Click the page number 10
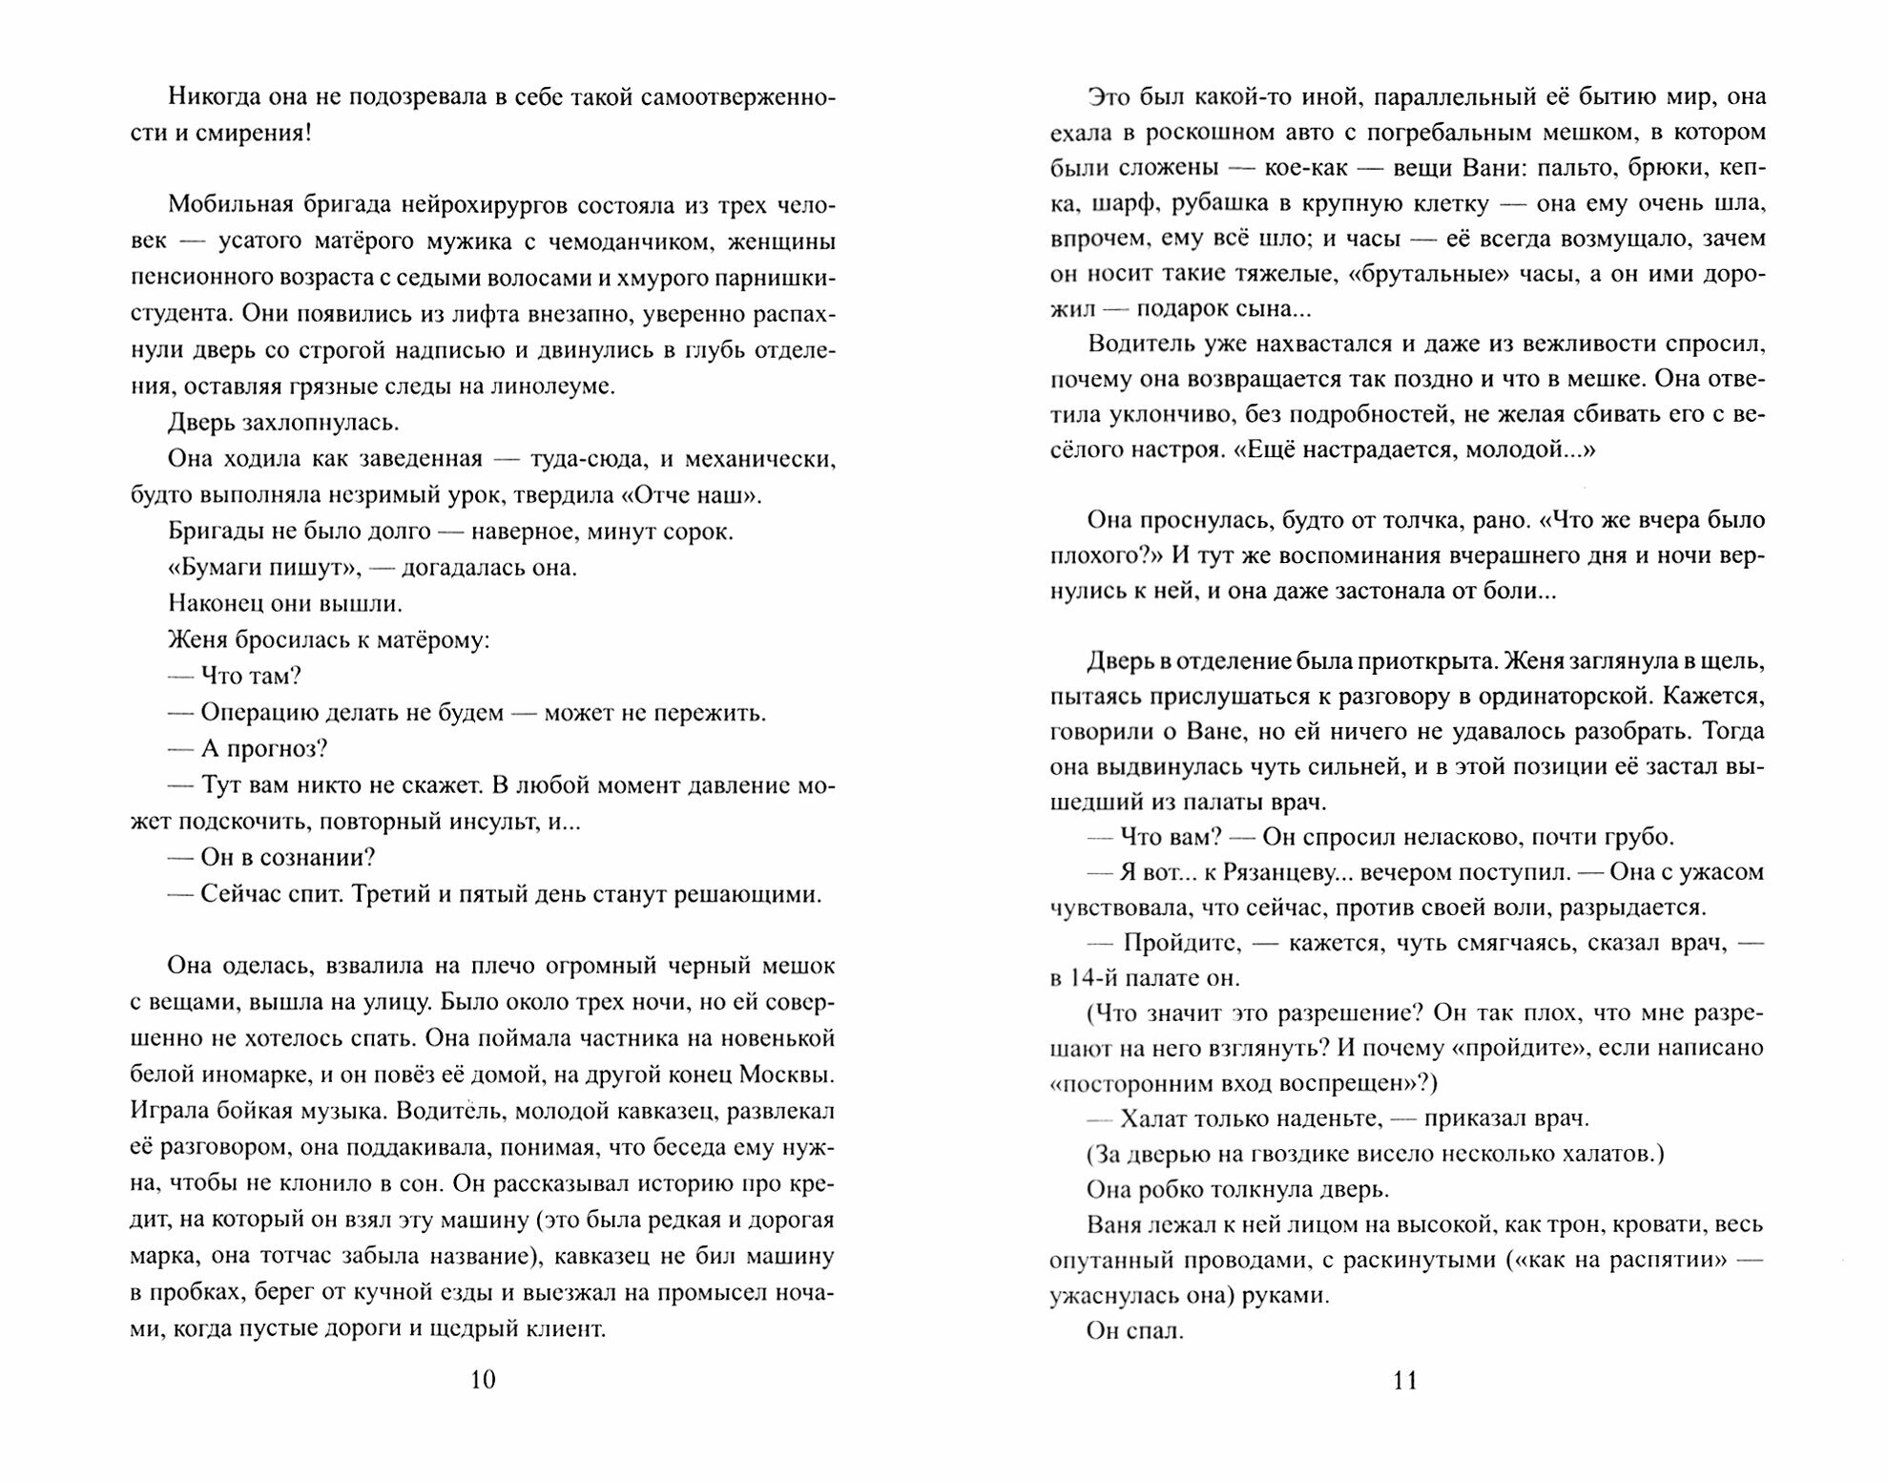483,1380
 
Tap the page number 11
1405,1380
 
